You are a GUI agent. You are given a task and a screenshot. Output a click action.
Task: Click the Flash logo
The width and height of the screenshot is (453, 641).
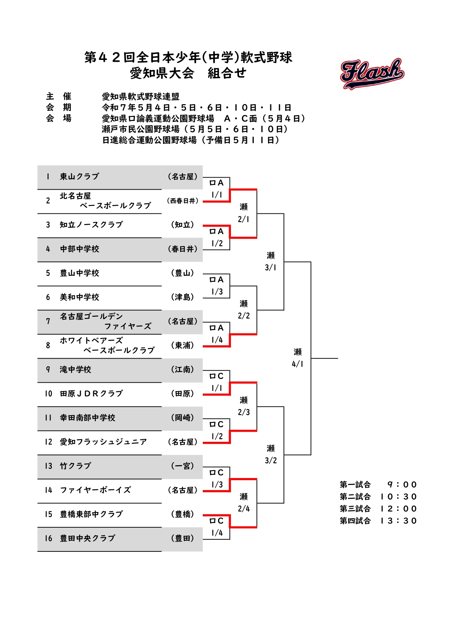click(x=372, y=73)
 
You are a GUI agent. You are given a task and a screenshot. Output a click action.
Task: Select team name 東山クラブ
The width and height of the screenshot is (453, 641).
click(x=80, y=177)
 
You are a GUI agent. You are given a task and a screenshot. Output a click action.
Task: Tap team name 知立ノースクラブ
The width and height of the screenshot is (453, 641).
click(x=91, y=225)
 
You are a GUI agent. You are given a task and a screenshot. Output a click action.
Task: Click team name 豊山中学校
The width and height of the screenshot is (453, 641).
click(x=80, y=273)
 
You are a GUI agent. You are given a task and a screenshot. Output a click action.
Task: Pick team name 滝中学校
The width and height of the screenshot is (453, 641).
click(x=76, y=369)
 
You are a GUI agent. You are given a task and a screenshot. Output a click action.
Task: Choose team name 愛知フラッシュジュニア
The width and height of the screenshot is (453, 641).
click(x=103, y=442)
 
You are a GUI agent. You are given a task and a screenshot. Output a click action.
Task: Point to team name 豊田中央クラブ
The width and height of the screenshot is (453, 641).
click(x=88, y=538)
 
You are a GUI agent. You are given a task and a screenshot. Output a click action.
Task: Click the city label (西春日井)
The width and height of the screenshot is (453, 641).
click(x=183, y=201)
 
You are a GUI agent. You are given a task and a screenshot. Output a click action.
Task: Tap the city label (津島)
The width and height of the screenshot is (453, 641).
click(x=183, y=297)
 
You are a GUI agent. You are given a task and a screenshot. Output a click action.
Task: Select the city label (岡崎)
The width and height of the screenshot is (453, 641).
click(x=183, y=418)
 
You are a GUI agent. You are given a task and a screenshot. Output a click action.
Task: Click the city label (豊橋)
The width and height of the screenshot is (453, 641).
click(x=183, y=514)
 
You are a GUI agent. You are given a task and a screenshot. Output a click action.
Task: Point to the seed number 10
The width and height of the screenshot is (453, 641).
click(x=49, y=394)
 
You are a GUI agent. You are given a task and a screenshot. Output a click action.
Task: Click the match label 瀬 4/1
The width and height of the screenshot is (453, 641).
click(x=298, y=358)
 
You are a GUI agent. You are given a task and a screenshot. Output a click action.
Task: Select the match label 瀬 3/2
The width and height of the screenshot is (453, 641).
click(x=271, y=454)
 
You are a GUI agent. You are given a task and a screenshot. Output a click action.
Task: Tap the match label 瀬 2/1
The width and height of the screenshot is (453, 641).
click(x=244, y=213)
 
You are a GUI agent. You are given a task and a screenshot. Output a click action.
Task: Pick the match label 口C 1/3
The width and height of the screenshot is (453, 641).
click(x=217, y=478)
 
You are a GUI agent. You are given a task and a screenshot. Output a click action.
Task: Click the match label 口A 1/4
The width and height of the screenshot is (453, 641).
click(x=217, y=334)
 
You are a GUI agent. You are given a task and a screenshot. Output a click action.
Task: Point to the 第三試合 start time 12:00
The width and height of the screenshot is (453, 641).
click(x=398, y=509)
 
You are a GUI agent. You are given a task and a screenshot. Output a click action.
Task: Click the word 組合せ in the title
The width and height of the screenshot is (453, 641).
click(x=227, y=73)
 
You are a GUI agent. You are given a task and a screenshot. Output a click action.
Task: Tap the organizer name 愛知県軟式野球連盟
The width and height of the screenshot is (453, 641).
click(x=141, y=96)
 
